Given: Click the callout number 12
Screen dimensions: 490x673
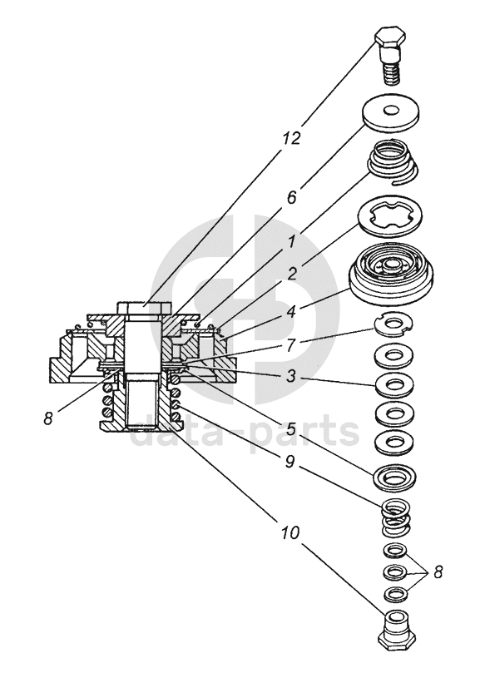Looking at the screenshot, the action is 291,138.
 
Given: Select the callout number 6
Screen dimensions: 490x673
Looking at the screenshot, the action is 292,198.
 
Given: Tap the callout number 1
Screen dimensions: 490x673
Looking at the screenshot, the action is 292,243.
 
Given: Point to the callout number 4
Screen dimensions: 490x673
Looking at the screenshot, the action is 292,311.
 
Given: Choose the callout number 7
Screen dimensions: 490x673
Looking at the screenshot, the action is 291,345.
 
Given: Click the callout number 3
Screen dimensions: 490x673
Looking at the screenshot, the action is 291,376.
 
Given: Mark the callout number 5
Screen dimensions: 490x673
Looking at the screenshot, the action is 291,428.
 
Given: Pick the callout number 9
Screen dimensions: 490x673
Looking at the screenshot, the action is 290,462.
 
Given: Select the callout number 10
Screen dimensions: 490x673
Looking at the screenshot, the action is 290,533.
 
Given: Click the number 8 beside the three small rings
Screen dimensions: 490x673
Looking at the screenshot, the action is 438,572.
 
